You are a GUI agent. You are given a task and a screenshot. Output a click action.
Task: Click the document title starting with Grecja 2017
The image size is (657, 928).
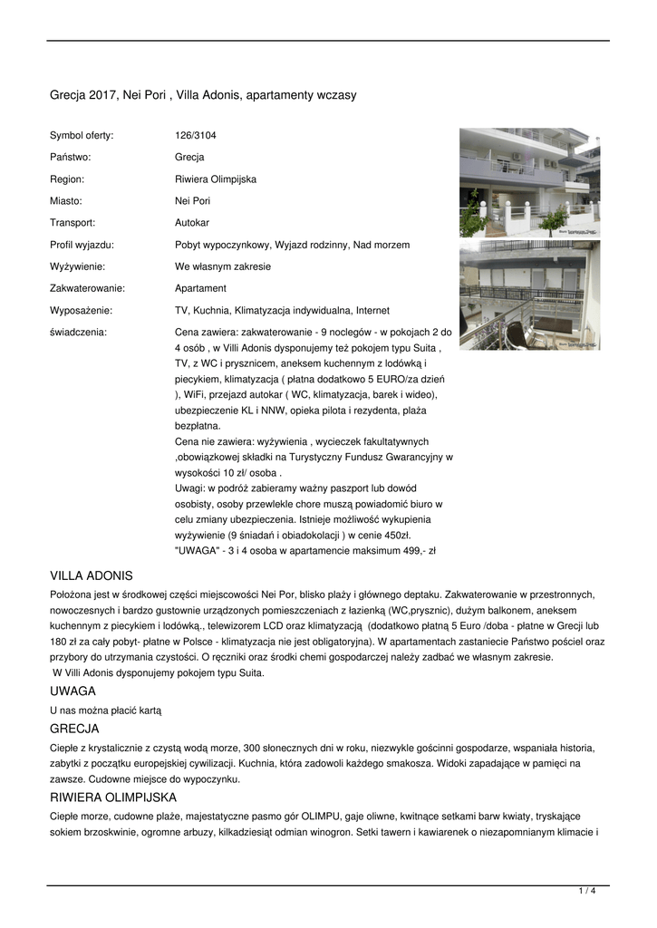(x=203, y=94)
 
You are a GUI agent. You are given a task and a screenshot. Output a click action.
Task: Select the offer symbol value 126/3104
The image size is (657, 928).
(x=196, y=135)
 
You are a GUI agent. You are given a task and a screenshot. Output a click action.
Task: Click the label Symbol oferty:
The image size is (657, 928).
(x=82, y=135)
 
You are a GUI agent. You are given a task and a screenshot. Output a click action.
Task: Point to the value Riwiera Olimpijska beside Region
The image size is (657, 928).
(x=216, y=179)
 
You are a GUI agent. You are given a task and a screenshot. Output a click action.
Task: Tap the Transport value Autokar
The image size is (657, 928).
(x=192, y=222)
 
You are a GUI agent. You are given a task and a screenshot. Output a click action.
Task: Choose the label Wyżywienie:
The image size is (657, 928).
(x=78, y=266)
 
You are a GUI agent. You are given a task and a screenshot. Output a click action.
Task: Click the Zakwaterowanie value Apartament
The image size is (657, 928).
(x=200, y=288)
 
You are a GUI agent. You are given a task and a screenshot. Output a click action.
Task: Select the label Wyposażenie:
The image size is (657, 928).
(x=81, y=310)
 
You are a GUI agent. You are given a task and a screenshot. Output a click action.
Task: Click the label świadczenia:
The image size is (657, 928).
(x=78, y=332)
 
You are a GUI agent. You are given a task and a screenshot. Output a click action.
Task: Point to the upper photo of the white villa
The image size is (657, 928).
(x=529, y=181)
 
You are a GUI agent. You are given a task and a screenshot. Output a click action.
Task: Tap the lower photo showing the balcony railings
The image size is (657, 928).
(x=529, y=295)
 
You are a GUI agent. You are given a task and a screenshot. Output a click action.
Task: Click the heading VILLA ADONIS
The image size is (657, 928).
(x=92, y=575)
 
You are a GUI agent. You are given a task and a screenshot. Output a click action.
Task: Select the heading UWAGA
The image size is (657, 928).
(x=73, y=691)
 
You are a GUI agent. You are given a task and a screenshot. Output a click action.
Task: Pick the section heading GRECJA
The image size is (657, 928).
(x=75, y=728)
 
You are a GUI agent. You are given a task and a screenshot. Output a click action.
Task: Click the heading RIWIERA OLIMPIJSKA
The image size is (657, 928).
(x=113, y=797)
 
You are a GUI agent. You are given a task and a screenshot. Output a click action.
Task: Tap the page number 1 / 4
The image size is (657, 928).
(x=587, y=891)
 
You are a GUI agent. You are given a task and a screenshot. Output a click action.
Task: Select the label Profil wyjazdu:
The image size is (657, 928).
(x=82, y=245)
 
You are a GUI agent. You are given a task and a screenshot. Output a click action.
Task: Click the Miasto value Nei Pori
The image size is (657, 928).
(x=192, y=200)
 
